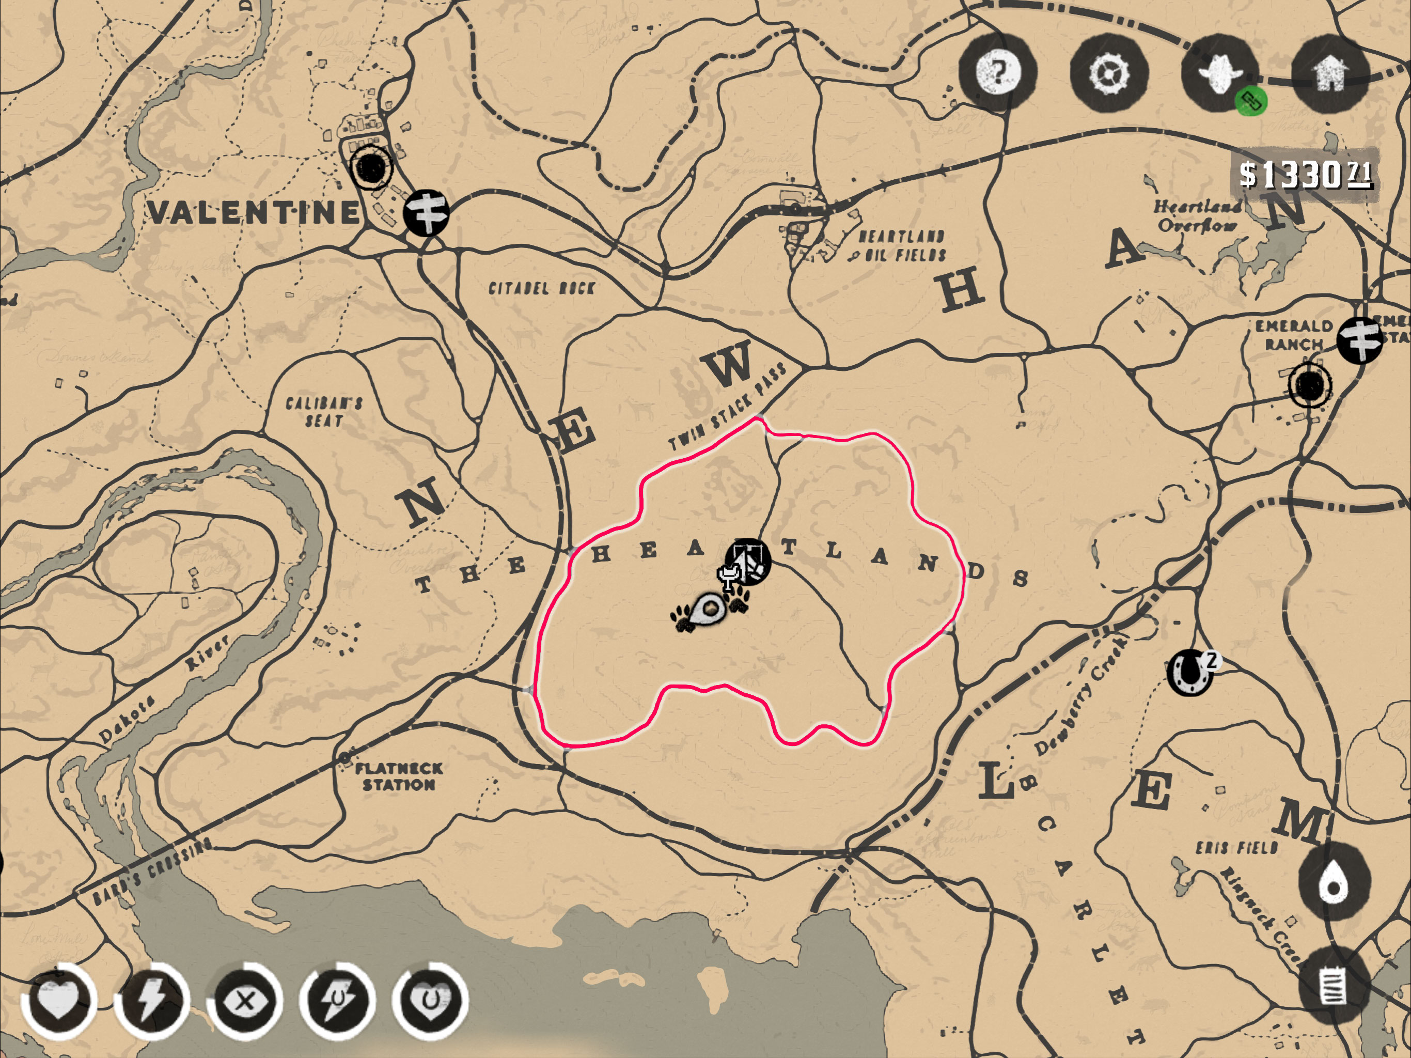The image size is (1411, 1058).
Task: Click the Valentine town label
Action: [255, 212]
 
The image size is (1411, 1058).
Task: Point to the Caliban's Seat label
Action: [324, 412]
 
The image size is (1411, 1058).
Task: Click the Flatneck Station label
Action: [399, 776]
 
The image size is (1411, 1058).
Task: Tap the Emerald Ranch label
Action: [1294, 335]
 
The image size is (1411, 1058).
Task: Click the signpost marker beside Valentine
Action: [426, 212]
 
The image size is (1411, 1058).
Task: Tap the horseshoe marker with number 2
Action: [1189, 672]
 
